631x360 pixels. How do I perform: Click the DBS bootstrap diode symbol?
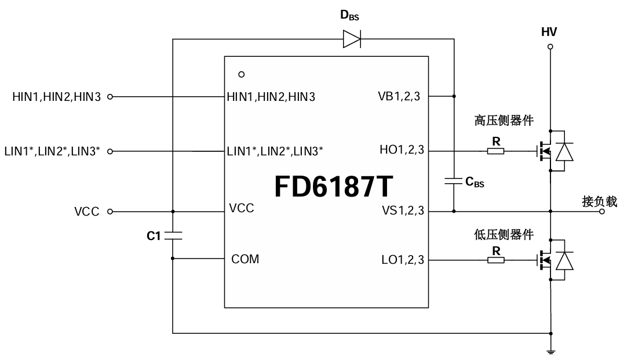[x=351, y=39]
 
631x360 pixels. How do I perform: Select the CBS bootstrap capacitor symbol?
[x=453, y=181]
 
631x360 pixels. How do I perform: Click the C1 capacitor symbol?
[x=173, y=235]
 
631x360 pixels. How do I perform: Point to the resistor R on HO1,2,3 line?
[x=495, y=151]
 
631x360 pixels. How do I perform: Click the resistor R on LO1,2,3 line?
[x=495, y=260]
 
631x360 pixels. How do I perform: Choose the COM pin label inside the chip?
[x=245, y=259]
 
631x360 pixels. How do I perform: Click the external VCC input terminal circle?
[x=110, y=212]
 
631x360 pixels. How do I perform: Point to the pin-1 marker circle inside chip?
[x=242, y=74]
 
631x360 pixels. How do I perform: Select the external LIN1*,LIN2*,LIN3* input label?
[x=52, y=152]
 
